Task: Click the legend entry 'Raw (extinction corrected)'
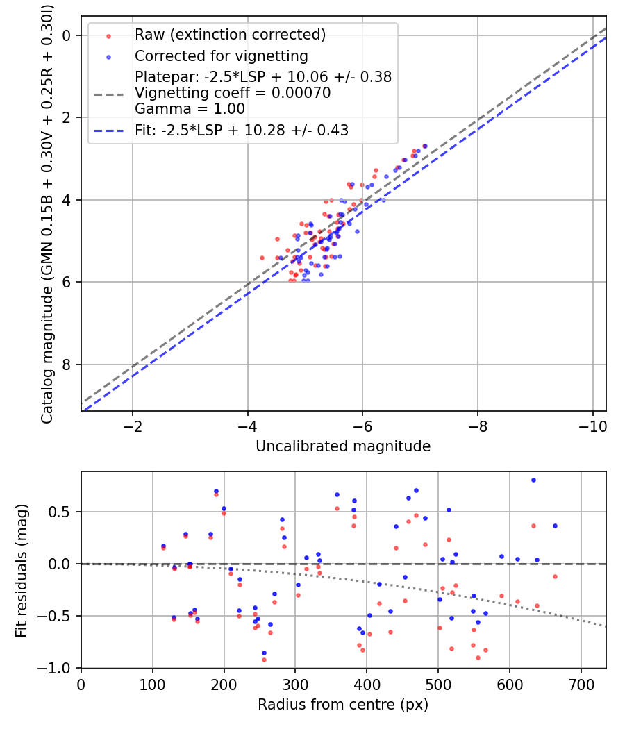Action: tap(230, 35)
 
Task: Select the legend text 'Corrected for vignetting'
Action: tap(222, 56)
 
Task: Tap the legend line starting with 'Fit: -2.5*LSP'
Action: tap(242, 131)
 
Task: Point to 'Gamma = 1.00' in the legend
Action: tap(190, 109)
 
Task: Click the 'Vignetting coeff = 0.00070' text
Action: tap(233, 93)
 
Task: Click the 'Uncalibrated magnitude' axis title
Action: tap(343, 446)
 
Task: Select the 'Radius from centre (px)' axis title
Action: tap(343, 705)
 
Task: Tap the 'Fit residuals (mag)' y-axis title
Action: tap(22, 571)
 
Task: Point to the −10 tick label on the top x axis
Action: tap(592, 426)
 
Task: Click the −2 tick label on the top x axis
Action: tap(133, 426)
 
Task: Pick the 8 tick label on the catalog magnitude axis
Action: tap(67, 364)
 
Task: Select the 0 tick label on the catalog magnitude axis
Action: tap(67, 35)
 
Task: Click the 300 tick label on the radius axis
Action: tap(296, 685)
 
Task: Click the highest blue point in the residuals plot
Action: tap(533, 480)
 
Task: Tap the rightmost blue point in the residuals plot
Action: tap(555, 526)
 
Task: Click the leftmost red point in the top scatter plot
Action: tap(262, 258)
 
